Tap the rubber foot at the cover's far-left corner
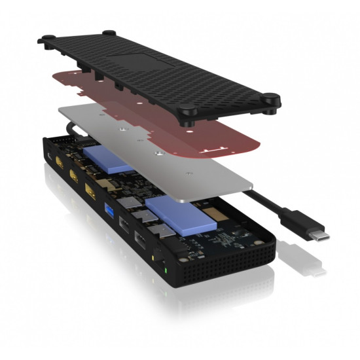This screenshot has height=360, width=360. click(x=48, y=41)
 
